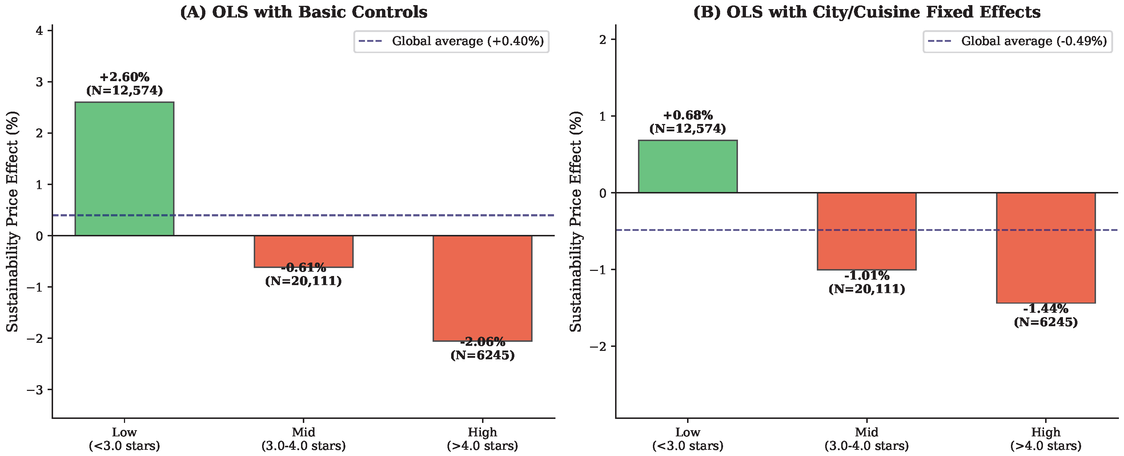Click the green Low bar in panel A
coord(124,169)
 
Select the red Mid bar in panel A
coord(304,251)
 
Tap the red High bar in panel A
coord(483,288)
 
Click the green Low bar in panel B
coord(688,166)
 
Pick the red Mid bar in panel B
coord(867,231)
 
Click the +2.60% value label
coord(125,77)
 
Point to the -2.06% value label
coord(483,342)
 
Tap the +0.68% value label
coord(688,115)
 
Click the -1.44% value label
coord(1046,309)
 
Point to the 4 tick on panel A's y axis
coord(40,31)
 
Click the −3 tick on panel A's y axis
coord(35,390)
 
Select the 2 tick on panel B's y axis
coord(603,39)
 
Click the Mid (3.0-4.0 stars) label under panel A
coord(304,439)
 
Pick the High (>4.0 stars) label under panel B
coord(1046,439)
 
